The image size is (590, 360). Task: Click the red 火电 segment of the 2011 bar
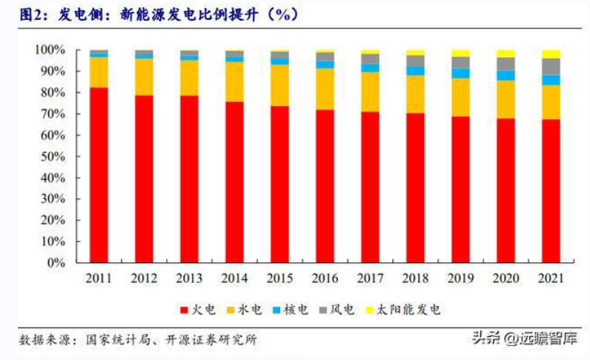coord(99,174)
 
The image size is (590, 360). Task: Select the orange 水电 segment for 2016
coord(325,89)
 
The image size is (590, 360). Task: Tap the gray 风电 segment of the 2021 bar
coord(551,66)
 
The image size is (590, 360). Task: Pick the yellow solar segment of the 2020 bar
coord(506,53)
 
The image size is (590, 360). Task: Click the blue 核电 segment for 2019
coord(460,73)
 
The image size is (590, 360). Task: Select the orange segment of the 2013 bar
coord(189,78)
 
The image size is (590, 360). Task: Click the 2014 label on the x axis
coord(234,279)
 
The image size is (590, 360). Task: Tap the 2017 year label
coord(370,279)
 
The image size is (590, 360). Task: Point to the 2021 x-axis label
coord(551,279)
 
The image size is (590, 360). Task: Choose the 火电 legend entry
coord(199,309)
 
